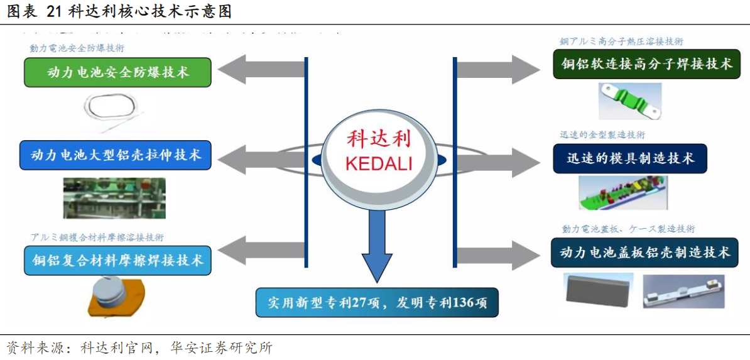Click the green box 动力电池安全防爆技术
tap(117, 72)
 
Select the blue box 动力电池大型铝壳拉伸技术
tap(116, 155)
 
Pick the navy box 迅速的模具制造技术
tap(629, 159)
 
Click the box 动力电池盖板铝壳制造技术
tap(645, 253)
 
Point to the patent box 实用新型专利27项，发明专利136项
tap(377, 302)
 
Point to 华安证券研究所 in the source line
tap(222, 347)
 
